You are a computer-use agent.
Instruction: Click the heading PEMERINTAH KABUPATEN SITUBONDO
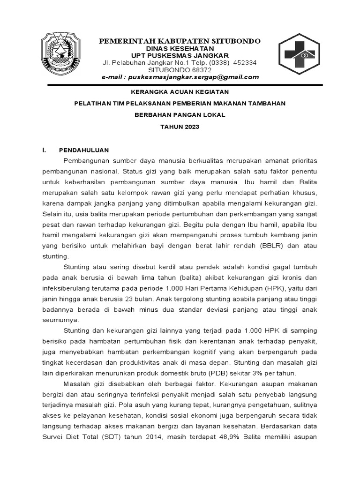click(x=180, y=41)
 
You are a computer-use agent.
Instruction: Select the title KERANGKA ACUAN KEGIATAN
click(x=180, y=92)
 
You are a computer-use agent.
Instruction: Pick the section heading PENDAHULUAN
click(x=84, y=150)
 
